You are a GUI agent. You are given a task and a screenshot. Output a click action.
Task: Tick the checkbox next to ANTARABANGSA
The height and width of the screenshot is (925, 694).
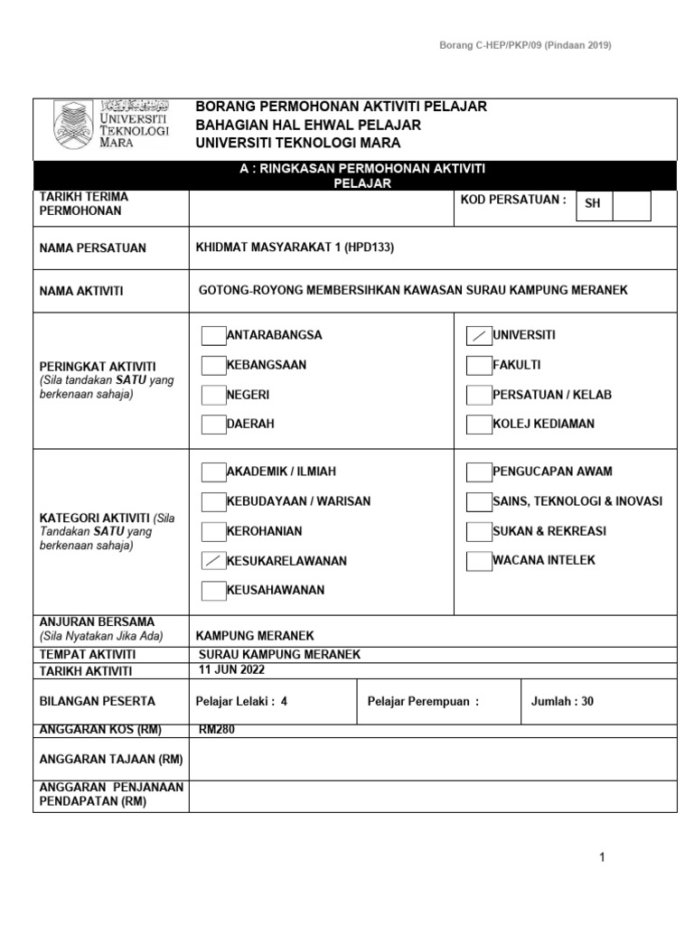tap(213, 336)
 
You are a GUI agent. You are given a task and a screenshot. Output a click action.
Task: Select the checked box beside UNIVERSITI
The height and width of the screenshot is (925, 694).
tap(478, 336)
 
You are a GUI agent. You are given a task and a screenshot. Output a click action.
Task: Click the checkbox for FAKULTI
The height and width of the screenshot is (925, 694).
tap(478, 366)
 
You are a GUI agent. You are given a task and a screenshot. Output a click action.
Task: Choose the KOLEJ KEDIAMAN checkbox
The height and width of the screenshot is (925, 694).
tap(478, 424)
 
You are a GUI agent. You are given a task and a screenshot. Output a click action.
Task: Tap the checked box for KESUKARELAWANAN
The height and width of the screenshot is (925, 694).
tap(213, 561)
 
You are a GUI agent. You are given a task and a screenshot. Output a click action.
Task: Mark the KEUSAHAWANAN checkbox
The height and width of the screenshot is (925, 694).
tap(213, 591)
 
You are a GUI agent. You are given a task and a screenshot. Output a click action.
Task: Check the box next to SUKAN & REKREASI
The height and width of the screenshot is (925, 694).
tap(478, 531)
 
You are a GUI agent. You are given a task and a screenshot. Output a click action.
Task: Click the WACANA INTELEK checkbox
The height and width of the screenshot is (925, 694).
tap(478, 561)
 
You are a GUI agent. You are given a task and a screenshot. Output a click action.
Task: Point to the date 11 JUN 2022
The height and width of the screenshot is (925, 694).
tap(232, 670)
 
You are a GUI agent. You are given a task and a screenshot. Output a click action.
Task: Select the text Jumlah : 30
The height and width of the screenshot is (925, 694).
tap(562, 701)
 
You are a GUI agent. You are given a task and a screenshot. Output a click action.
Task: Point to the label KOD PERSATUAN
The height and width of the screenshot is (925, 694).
tap(513, 198)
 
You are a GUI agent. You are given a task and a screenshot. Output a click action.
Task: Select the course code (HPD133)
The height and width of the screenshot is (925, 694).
tap(370, 248)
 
